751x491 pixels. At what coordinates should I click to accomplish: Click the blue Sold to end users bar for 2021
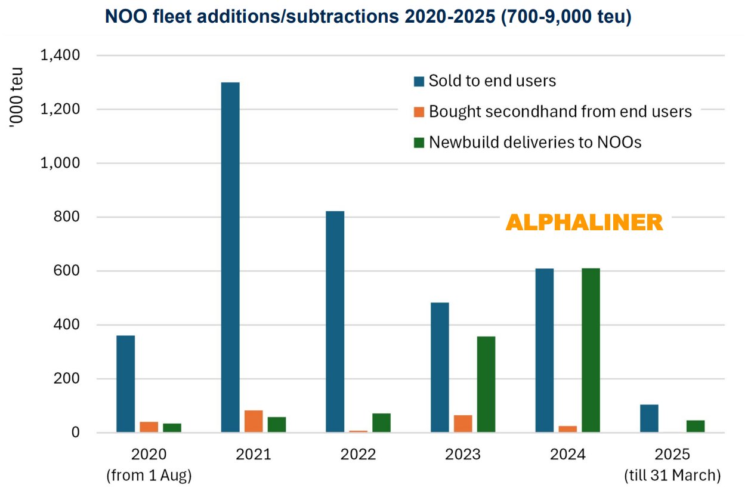coord(230,257)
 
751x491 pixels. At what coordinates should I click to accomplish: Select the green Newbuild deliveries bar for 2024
coord(591,350)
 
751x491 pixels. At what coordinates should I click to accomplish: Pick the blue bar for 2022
coord(335,322)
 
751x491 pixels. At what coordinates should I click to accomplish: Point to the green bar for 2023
coord(486,384)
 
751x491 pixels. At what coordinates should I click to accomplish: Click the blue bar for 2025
coord(649,418)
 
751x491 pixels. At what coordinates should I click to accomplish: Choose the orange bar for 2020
coord(149,427)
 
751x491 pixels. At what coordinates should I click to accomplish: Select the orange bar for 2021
coord(254,421)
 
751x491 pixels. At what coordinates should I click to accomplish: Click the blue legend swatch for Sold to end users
coord(419,81)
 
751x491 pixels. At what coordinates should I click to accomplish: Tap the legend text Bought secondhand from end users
coord(560,112)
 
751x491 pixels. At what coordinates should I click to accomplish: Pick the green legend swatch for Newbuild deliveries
coord(419,143)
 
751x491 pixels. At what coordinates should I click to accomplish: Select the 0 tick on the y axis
coord(76,433)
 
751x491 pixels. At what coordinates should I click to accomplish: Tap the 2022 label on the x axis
coord(358,455)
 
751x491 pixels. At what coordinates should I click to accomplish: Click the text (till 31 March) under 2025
coord(672,475)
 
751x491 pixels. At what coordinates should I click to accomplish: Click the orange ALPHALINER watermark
coord(584,223)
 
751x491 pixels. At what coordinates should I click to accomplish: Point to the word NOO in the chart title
coord(123,17)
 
